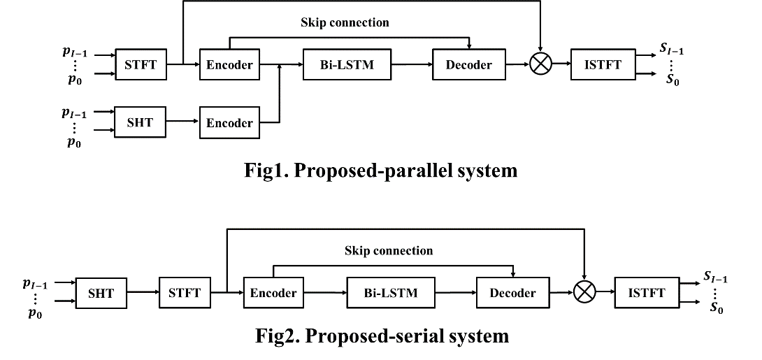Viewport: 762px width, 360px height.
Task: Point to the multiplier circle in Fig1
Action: tap(540, 65)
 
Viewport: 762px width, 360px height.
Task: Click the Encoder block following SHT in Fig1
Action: tap(229, 122)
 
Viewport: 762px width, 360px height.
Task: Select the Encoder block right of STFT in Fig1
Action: tap(229, 65)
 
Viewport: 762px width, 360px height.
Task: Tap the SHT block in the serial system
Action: tap(101, 293)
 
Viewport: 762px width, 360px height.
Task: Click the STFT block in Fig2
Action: tap(185, 293)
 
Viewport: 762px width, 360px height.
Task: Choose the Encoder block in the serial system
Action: tap(273, 293)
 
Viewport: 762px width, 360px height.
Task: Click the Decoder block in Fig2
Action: tap(512, 293)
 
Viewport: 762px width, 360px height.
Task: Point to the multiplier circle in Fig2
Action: tap(584, 293)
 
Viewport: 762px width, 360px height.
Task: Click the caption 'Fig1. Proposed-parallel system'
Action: tap(382, 170)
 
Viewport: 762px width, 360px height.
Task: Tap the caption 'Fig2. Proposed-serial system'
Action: tap(381, 336)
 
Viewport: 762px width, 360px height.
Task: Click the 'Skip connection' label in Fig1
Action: tap(345, 22)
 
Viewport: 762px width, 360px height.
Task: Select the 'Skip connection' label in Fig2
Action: tap(389, 250)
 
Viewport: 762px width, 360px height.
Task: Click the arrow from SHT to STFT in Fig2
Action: tap(143, 293)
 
